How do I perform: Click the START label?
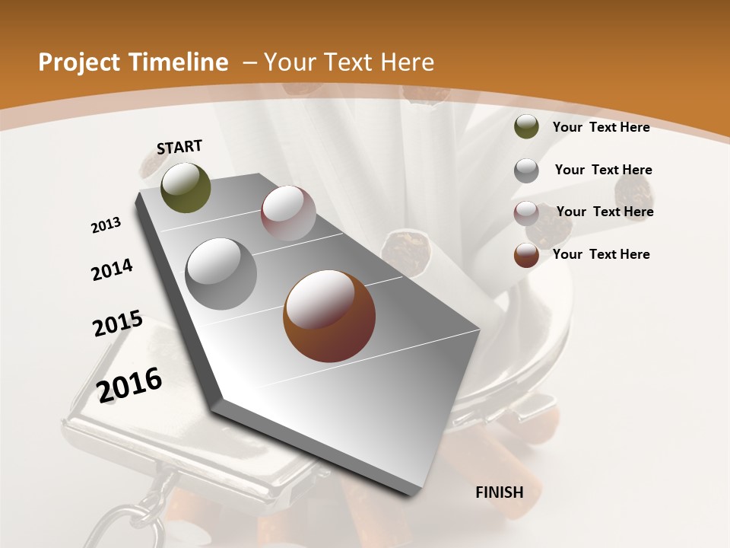[x=179, y=147]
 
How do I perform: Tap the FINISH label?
[x=500, y=492]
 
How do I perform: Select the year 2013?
[x=106, y=225]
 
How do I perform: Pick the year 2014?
[x=112, y=269]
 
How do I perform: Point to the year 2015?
[x=118, y=323]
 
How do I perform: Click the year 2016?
[x=129, y=384]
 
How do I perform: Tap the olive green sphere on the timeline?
[x=186, y=187]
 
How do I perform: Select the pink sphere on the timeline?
[x=288, y=213]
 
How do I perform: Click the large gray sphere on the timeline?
[x=221, y=274]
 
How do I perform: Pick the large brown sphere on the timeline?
[x=329, y=316]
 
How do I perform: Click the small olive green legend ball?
[x=526, y=126]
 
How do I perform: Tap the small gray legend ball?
[x=526, y=170]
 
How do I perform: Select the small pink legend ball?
[x=526, y=213]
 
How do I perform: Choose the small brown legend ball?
[x=526, y=256]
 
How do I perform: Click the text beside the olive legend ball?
[x=601, y=127]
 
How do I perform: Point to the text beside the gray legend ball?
[x=603, y=170]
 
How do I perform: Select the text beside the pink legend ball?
[x=605, y=212]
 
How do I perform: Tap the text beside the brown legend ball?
[x=601, y=254]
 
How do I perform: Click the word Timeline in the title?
[x=180, y=62]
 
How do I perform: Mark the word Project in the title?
[x=79, y=62]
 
